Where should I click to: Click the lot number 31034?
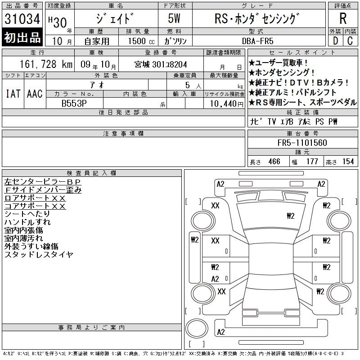[x=22, y=19]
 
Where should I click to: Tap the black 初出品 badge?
[x=22, y=37]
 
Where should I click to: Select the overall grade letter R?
[x=343, y=18]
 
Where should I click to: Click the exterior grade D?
[x=335, y=41]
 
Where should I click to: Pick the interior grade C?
[x=350, y=41]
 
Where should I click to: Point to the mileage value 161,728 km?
[x=46, y=64]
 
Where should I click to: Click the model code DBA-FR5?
[x=257, y=41]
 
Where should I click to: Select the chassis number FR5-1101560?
[x=302, y=143]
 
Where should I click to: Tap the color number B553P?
[x=74, y=103]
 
